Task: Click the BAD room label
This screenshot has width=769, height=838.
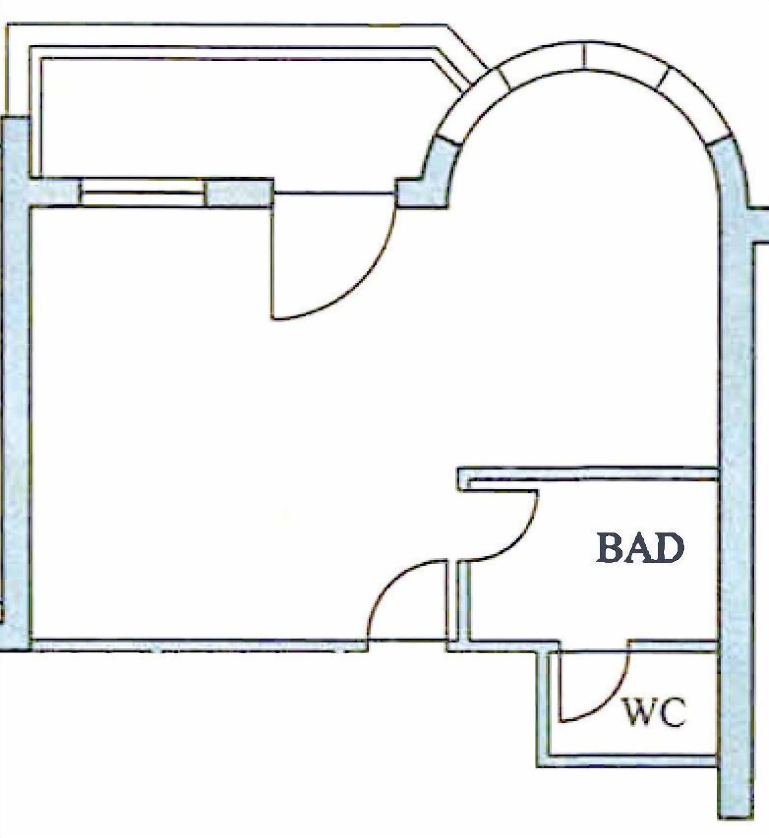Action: coord(640,548)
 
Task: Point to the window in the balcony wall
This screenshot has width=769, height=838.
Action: coord(143,192)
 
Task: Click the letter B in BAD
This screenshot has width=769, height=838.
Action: coord(611,548)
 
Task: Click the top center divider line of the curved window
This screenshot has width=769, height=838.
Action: coord(583,56)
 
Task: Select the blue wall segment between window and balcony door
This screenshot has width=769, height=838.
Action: coord(239,193)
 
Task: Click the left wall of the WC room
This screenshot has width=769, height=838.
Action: coord(543,709)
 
